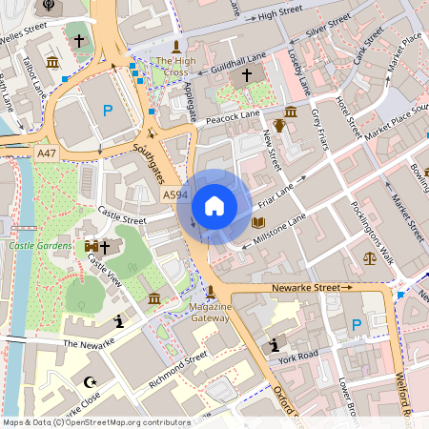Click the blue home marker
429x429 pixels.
(214, 205)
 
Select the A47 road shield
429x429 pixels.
(47, 153)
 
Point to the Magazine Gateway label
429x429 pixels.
(210, 312)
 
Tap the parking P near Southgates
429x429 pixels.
(108, 112)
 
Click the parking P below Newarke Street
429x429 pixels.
(357, 325)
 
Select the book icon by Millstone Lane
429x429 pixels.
(257, 222)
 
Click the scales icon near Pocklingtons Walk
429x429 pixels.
(370, 256)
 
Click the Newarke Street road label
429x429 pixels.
(305, 286)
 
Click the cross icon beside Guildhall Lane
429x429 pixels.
(247, 74)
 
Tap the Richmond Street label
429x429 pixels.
(178, 371)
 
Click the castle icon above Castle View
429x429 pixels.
(92, 246)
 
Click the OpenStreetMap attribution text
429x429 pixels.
(95, 422)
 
